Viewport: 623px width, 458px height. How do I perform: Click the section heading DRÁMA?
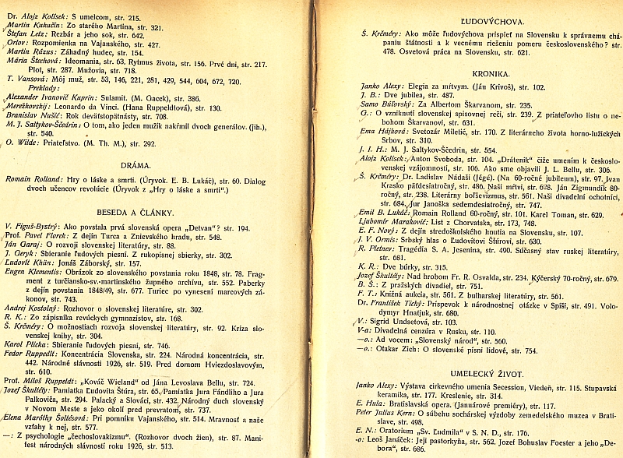(x=136, y=165)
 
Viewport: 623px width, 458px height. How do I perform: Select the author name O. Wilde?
(x=23, y=143)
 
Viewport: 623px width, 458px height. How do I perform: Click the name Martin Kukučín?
(x=35, y=26)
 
